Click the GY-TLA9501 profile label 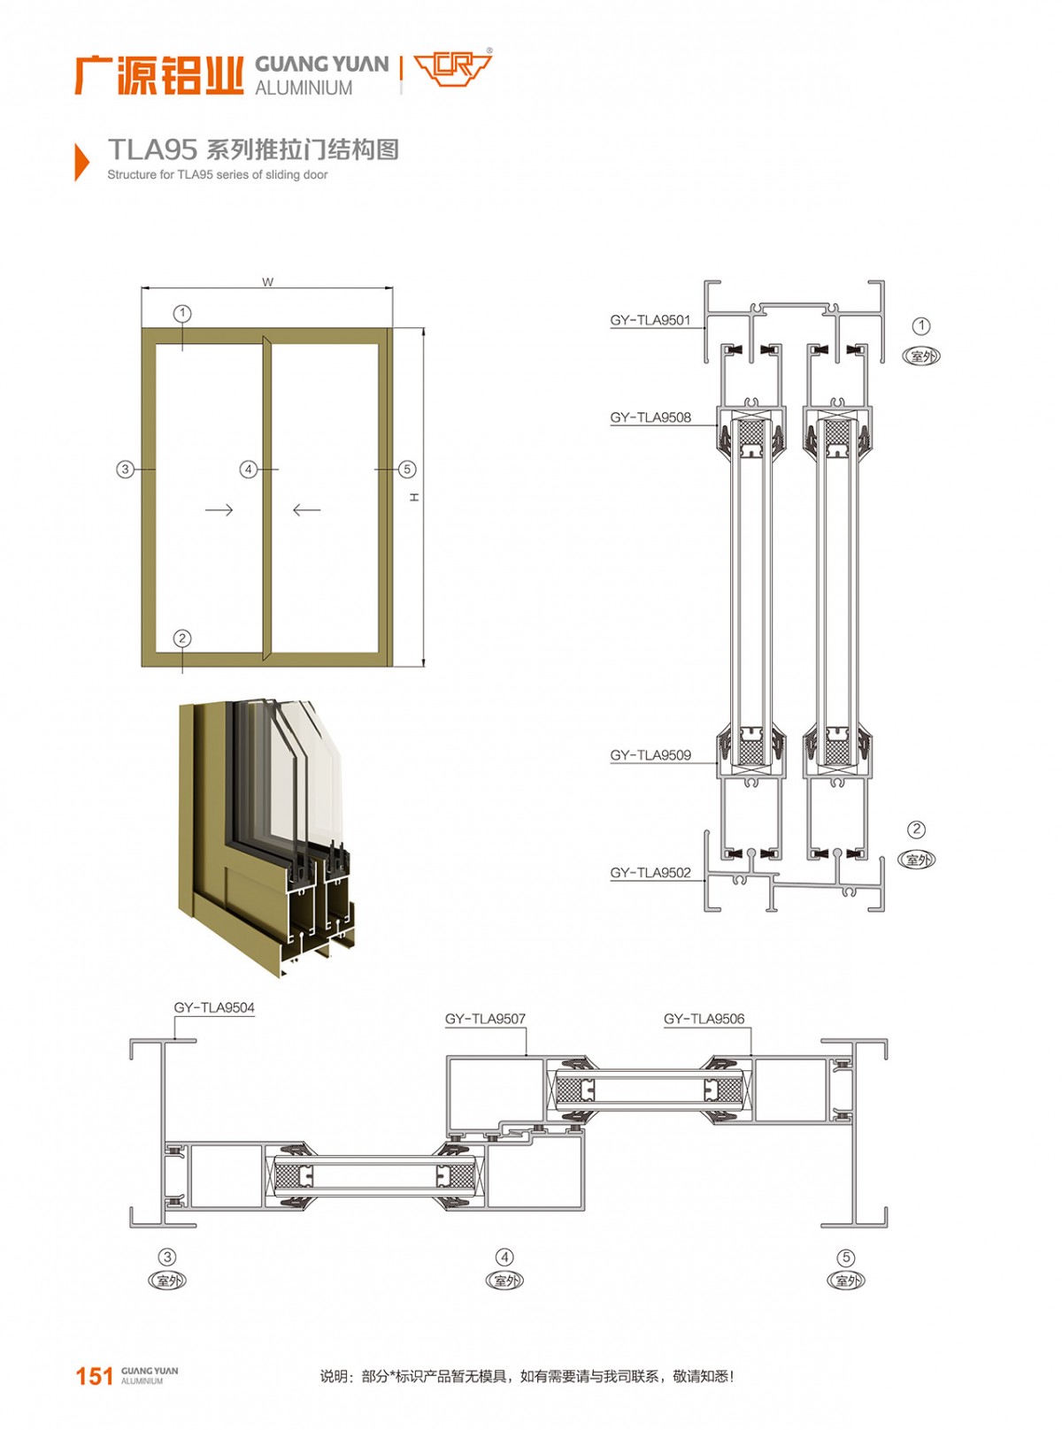point(650,320)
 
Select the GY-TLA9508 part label point(650,417)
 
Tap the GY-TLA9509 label point(650,754)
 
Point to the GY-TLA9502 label point(650,872)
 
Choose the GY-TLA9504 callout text point(214,1007)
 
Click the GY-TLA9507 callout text point(485,1019)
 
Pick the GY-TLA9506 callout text point(704,1019)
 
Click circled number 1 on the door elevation point(182,314)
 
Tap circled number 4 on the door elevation point(249,470)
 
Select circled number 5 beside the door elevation point(407,470)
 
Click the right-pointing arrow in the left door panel point(219,510)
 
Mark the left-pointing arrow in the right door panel point(306,510)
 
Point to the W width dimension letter point(268,282)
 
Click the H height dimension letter point(415,497)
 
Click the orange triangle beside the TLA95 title point(81,161)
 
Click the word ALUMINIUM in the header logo point(304,88)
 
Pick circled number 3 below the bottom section point(167,1257)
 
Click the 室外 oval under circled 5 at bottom point(846,1281)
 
